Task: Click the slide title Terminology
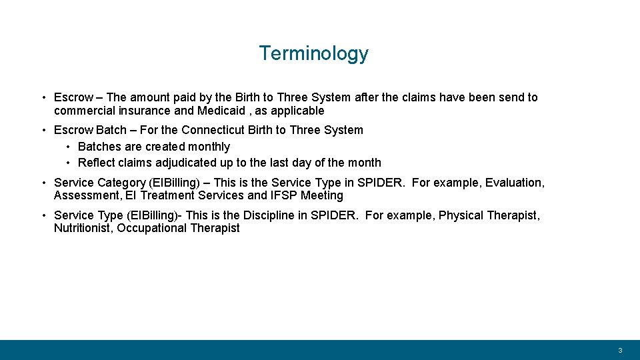pos(313,53)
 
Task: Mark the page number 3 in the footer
pos(620,351)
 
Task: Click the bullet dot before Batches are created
pos(69,147)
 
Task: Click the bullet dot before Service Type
pos(42,215)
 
